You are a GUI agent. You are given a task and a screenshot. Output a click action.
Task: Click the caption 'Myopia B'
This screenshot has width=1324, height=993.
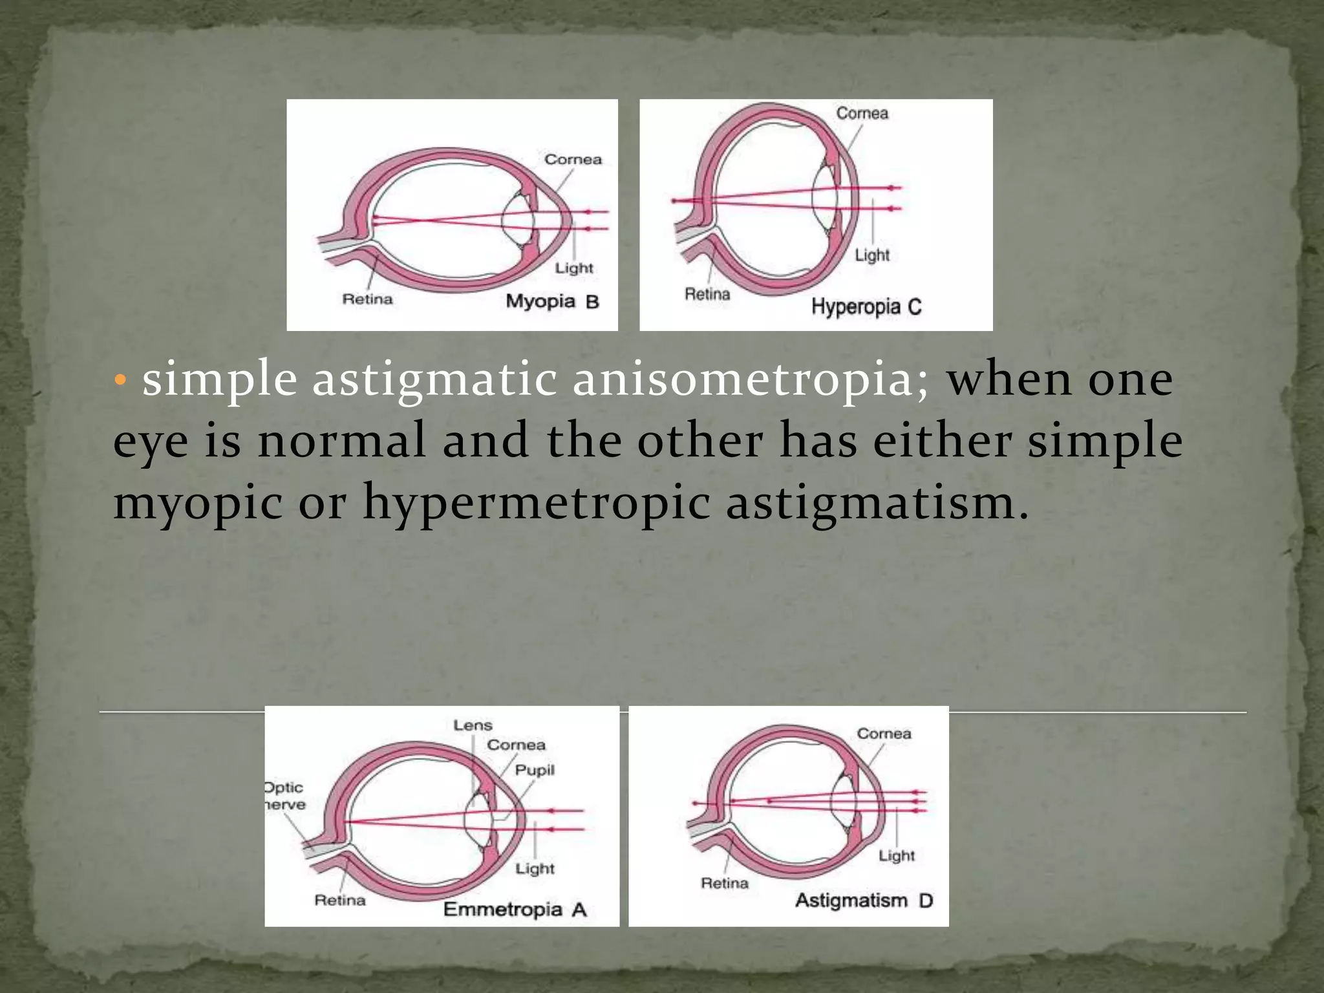click(x=552, y=301)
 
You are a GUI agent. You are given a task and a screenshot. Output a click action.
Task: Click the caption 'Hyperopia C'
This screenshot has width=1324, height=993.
click(x=866, y=306)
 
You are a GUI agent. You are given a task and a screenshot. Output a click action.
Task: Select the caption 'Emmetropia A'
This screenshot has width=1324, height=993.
click(x=515, y=910)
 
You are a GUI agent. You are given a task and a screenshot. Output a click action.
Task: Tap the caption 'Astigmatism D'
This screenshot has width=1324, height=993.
click(x=864, y=901)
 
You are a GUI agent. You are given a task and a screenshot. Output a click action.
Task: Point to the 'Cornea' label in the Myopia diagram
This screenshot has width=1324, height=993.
click(x=573, y=160)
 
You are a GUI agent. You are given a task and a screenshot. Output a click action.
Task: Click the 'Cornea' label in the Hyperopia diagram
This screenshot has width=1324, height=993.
click(x=862, y=113)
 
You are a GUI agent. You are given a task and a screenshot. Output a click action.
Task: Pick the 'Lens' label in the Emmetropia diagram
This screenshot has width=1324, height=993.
click(x=473, y=725)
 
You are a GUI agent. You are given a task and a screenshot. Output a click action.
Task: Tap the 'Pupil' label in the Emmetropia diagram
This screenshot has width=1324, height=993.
click(x=535, y=770)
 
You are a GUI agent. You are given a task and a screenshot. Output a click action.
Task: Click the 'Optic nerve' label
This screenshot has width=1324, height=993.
click(x=284, y=796)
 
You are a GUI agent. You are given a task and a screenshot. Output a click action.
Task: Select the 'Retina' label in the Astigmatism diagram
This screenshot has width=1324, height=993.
click(x=725, y=883)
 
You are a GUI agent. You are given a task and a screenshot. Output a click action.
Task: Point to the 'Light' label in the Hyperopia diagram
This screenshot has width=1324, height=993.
click(x=872, y=255)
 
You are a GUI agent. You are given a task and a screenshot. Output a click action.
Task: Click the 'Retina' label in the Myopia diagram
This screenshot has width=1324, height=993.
click(x=367, y=299)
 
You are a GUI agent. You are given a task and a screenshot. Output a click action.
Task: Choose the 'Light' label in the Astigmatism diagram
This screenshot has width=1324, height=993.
click(x=897, y=856)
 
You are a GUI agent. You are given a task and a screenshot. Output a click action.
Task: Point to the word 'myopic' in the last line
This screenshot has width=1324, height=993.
click(x=198, y=503)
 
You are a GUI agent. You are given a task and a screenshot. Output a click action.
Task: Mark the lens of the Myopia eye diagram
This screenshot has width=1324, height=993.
click(x=519, y=220)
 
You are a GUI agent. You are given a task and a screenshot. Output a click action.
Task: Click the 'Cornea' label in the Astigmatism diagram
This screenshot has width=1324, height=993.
click(x=884, y=734)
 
